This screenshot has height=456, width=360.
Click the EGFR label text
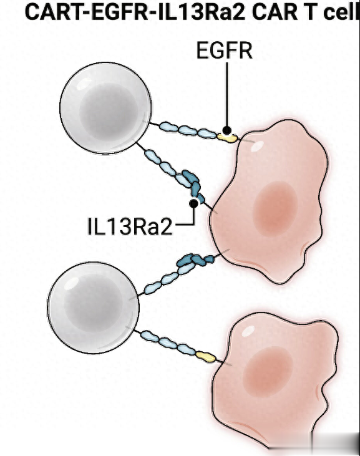click(x=224, y=51)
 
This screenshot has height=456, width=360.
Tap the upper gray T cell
click(x=105, y=107)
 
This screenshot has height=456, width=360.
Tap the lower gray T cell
click(x=93, y=308)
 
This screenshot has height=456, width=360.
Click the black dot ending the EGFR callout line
click(x=227, y=130)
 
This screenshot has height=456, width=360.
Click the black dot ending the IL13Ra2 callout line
click(x=193, y=203)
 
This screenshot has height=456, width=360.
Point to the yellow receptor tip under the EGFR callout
click(x=227, y=138)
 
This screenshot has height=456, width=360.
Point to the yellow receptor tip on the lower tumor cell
click(x=206, y=357)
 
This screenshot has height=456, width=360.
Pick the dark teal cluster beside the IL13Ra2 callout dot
click(x=193, y=185)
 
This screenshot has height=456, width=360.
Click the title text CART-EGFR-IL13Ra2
click(x=135, y=12)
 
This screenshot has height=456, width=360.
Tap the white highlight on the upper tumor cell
click(x=257, y=146)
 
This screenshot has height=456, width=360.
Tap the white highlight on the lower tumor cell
click(x=248, y=331)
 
